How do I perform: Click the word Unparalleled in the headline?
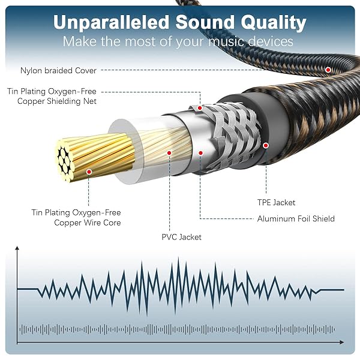tap(111, 23)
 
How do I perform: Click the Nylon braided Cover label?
tap(58, 70)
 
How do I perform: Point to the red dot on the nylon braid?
tap(328, 70)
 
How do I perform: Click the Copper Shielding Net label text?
tap(57, 101)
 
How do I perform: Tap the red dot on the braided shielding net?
tap(200, 108)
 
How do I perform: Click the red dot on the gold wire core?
tap(89, 172)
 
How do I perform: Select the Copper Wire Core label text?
tap(88, 223)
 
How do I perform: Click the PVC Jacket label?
tap(181, 237)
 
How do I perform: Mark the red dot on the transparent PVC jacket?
tap(169, 152)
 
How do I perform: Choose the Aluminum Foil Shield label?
tap(296, 218)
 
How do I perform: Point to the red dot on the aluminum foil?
tap(200, 153)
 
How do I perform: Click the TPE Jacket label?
tap(276, 203)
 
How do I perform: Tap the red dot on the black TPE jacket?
tap(266, 145)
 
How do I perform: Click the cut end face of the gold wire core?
tap(64, 160)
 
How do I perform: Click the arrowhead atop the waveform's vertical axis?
tap(17, 248)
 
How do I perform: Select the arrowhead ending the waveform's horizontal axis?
tap(342, 343)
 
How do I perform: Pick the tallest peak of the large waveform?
tap(178, 257)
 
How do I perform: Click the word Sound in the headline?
tap(205, 23)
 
